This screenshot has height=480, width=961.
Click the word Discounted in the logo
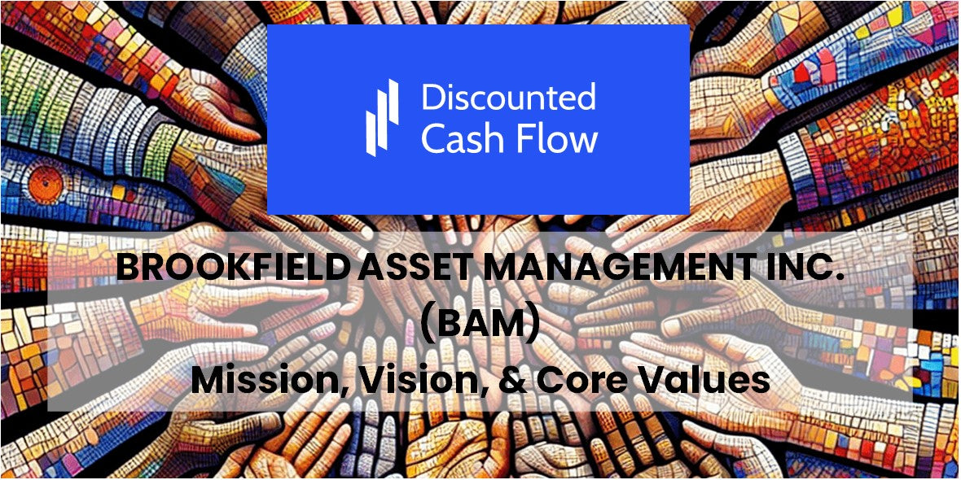[x=508, y=98]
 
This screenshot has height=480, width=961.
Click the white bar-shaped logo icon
[x=382, y=117]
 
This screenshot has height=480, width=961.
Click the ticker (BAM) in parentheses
[x=480, y=326]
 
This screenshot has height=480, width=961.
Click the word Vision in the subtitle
[x=417, y=380]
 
